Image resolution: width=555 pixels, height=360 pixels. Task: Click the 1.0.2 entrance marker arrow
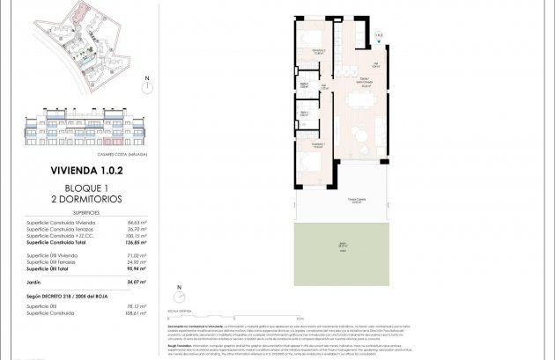[380, 40]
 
